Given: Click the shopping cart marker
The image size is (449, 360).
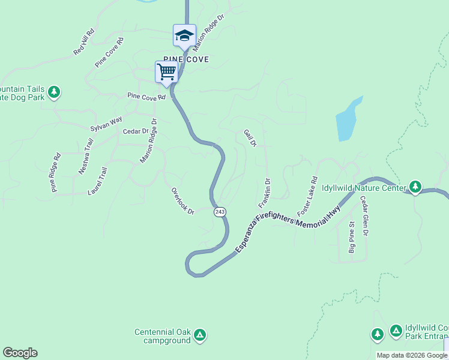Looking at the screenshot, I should (166, 72).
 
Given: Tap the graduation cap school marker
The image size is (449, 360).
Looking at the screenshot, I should (184, 35).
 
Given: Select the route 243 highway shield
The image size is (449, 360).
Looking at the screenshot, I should (220, 212).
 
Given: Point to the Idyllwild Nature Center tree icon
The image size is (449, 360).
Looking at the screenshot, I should (415, 187).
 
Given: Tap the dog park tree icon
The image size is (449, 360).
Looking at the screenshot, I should (55, 92).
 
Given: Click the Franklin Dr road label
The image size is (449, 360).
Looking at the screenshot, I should (265, 193).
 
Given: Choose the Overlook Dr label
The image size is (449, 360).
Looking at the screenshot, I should (183, 202).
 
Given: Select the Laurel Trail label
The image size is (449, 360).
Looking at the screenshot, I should (97, 181).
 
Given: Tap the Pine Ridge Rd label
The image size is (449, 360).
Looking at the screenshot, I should (56, 173).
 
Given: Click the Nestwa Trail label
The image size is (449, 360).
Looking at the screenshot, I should (86, 157).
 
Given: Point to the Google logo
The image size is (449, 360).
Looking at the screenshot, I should (20, 353).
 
